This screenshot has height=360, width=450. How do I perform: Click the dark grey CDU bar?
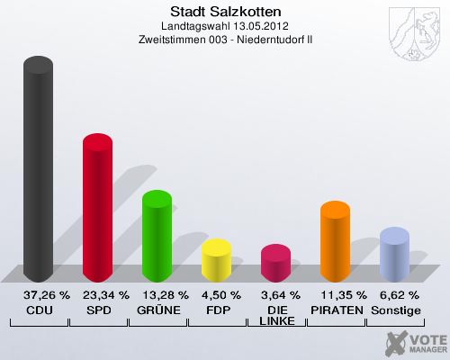coord(38,171)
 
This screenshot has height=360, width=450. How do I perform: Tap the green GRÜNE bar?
coord(157,238)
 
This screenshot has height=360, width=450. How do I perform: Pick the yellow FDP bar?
coord(216,261)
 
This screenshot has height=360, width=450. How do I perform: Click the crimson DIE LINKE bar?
coord(275,264)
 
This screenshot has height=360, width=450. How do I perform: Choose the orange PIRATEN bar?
coord(335,242)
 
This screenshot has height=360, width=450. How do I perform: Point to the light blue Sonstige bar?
coord(394,255)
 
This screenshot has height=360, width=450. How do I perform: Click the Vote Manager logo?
coord(415,343)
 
